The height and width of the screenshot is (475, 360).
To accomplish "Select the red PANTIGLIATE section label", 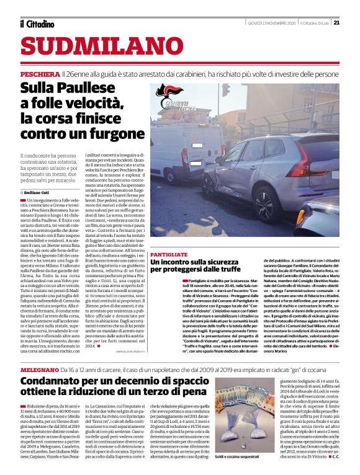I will pyautogui.click(x=169, y=255).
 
